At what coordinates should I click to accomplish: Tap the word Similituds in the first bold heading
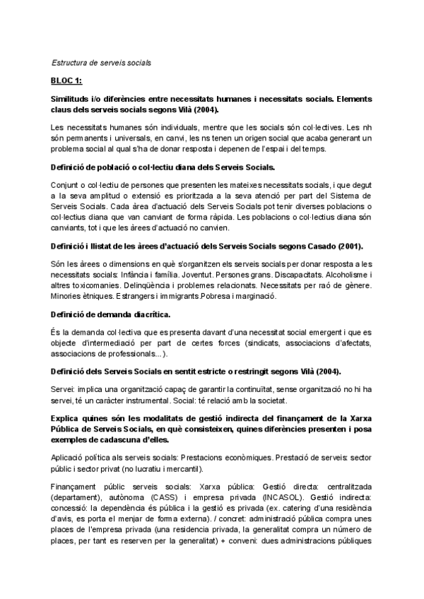73,99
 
